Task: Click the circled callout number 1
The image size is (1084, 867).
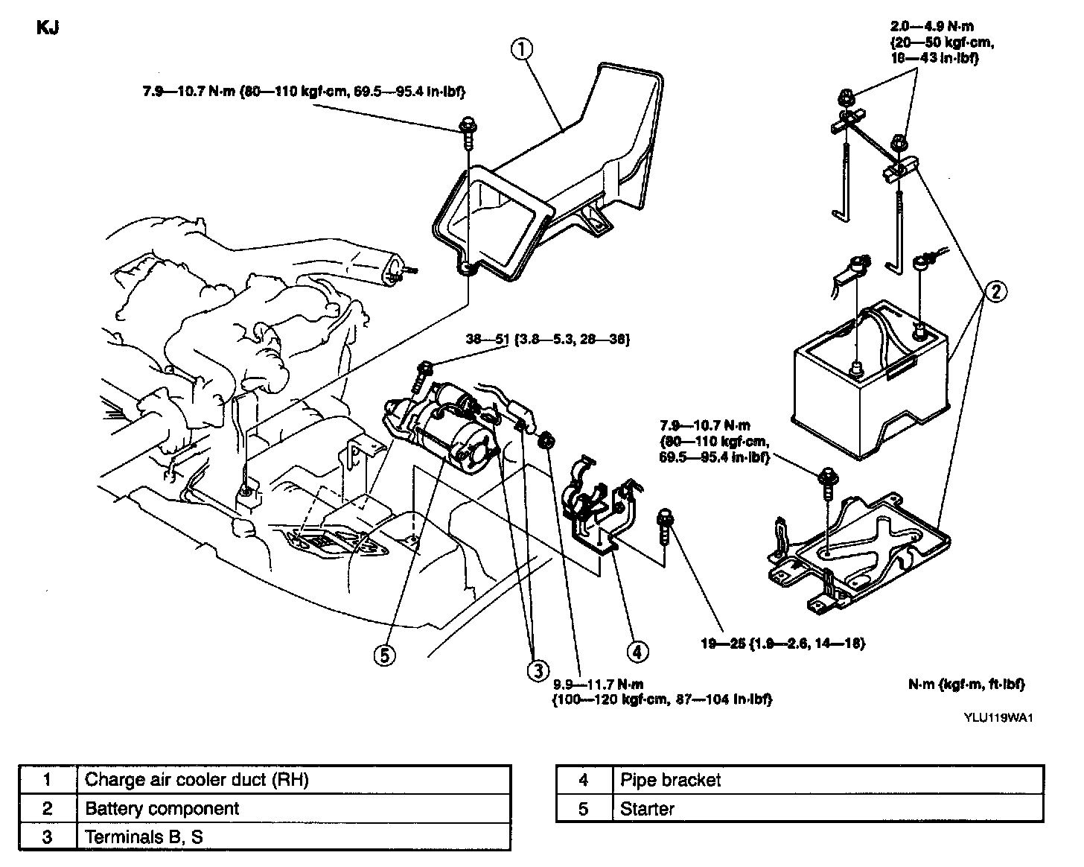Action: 522,48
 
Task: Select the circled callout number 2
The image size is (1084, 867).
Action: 995,291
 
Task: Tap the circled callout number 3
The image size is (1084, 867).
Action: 538,670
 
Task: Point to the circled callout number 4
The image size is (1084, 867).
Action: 637,651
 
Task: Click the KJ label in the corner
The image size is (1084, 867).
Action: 47,28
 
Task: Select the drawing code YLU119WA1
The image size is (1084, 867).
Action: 1000,718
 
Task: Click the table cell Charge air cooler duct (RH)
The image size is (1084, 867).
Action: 197,780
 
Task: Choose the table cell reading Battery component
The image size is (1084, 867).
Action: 162,808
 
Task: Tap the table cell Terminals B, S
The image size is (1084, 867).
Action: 144,836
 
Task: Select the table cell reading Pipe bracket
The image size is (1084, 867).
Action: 670,780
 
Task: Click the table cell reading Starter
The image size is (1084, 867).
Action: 647,808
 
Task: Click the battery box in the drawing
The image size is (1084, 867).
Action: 868,380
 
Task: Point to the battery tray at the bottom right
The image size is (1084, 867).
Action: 864,551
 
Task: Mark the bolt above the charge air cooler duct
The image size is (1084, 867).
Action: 468,128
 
